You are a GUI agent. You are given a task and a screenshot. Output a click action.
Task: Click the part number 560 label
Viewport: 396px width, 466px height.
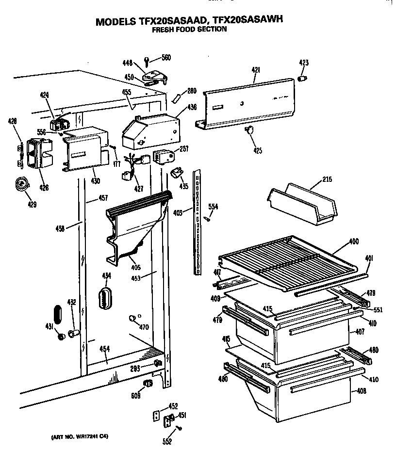[x=166, y=58]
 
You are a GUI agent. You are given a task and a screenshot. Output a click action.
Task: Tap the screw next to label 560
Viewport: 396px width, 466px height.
[x=147, y=61]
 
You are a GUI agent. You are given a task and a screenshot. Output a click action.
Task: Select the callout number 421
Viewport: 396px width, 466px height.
[x=256, y=70]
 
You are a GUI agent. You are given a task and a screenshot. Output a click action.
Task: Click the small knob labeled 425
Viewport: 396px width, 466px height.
[x=250, y=129]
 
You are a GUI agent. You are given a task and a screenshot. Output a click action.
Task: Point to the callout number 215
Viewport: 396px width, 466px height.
[x=327, y=180]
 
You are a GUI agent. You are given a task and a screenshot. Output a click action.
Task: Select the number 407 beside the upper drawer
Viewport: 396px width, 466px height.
[x=360, y=332]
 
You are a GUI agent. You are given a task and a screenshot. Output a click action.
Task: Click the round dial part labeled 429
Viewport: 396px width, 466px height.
[x=20, y=183]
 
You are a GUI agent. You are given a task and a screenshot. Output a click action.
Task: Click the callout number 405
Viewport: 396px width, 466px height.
[x=135, y=267]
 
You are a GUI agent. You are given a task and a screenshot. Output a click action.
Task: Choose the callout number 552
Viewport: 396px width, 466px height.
[x=166, y=441]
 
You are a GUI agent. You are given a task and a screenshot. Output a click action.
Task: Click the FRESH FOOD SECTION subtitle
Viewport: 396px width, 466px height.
[x=189, y=30]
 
